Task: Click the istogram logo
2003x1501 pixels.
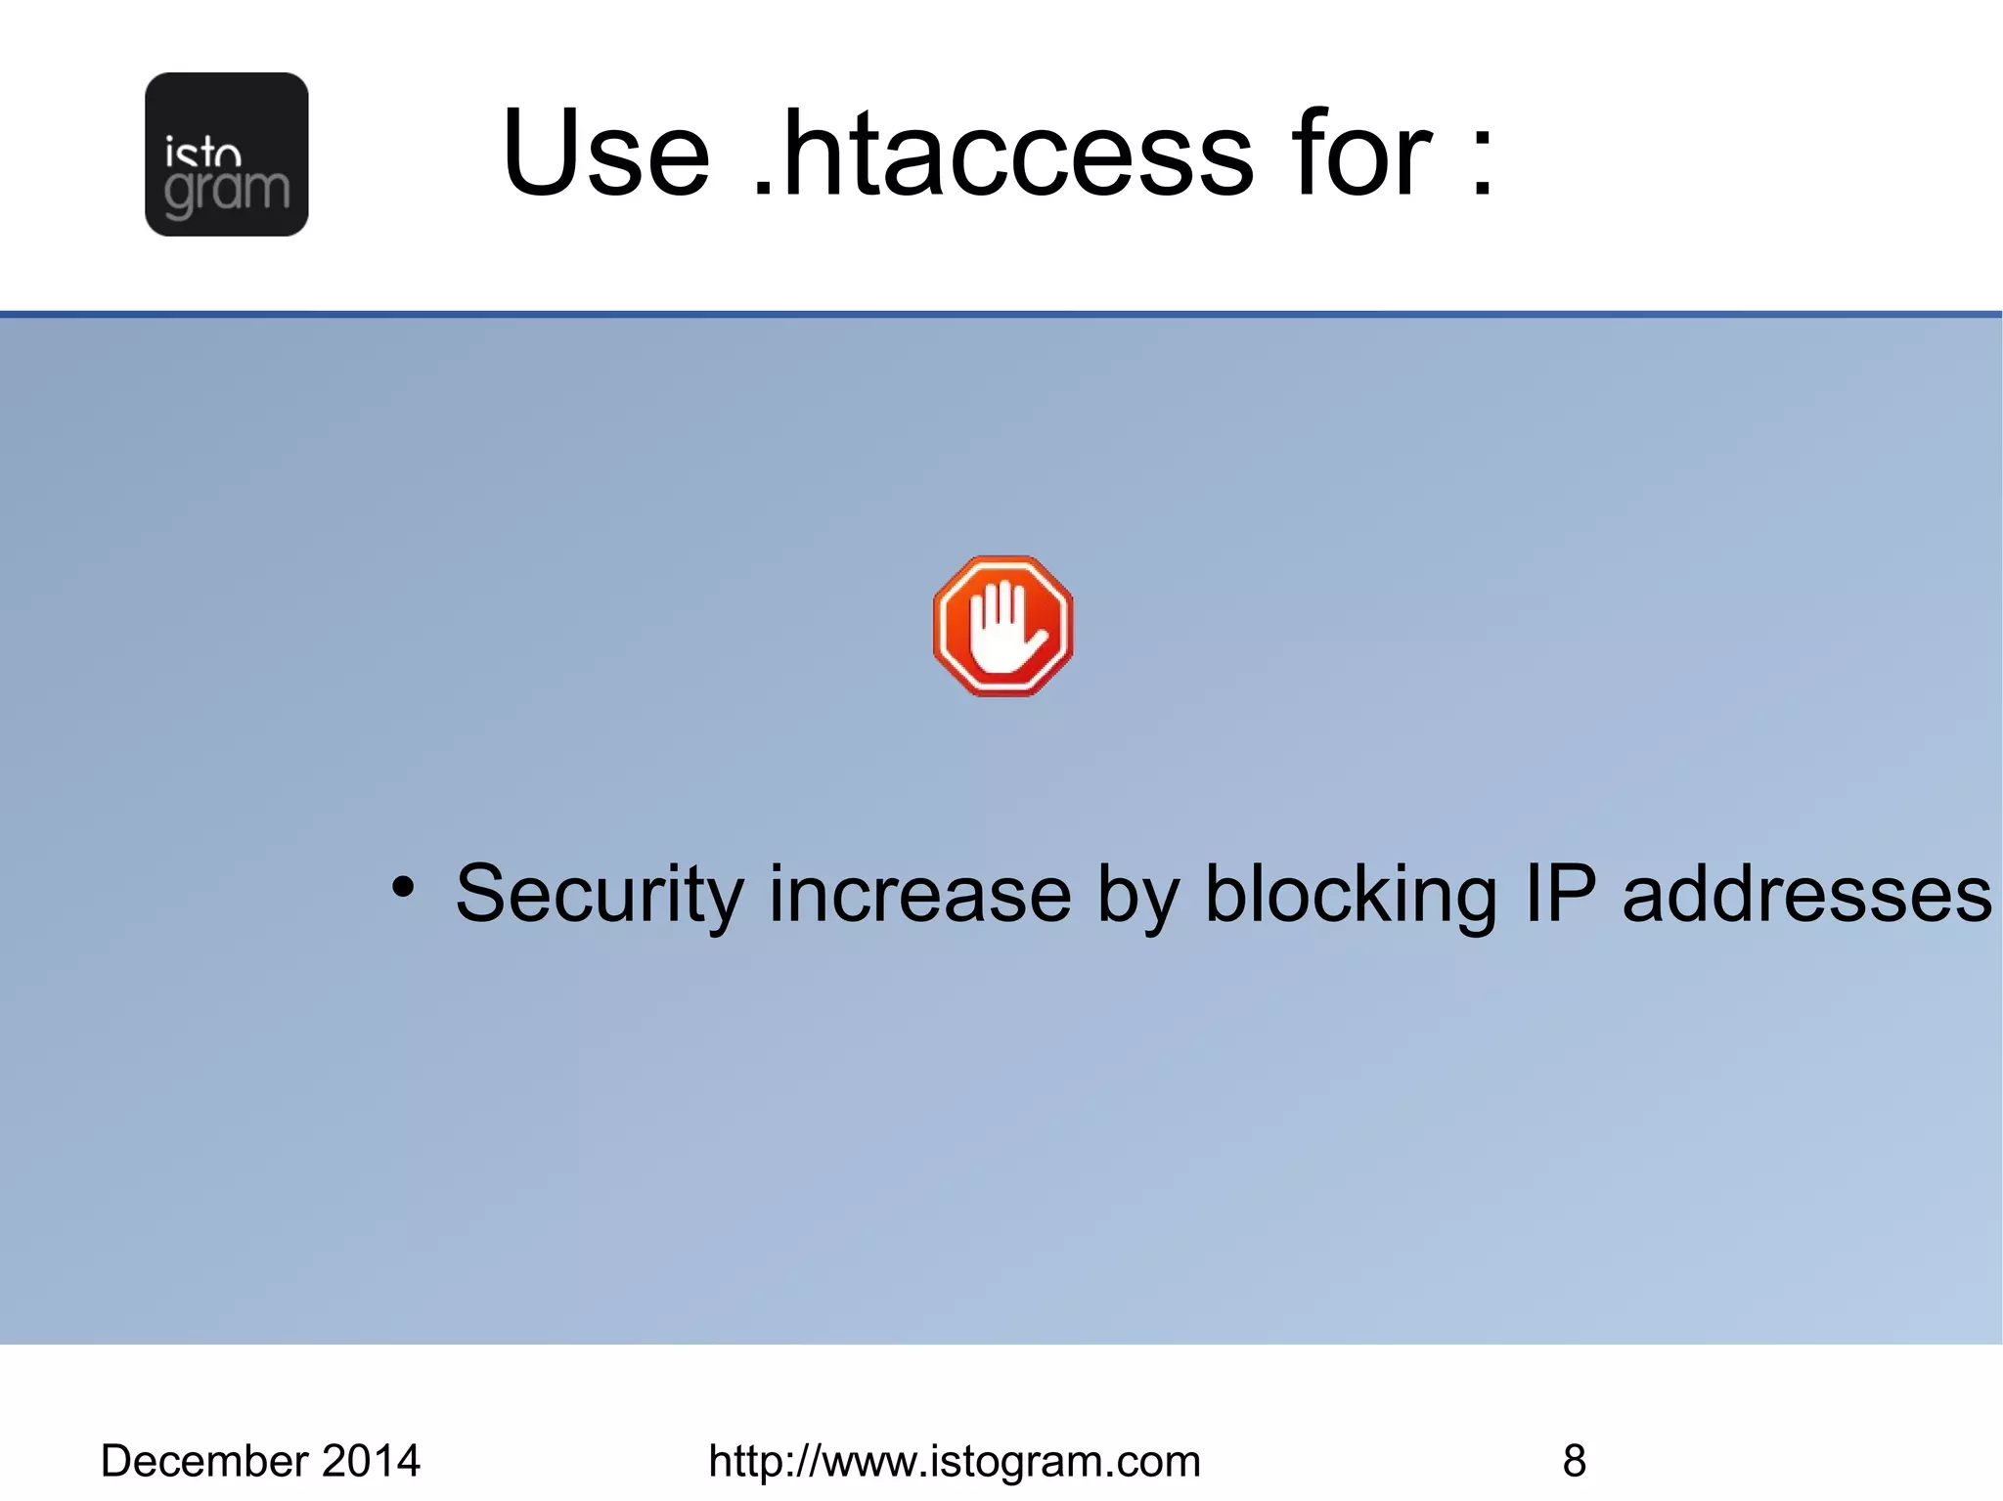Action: pos(226,155)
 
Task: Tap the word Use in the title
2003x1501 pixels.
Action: pos(605,154)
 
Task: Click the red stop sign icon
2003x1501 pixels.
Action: pos(1002,626)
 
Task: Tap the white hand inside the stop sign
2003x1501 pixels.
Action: pos(1003,631)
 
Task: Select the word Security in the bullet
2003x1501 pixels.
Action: pos(600,895)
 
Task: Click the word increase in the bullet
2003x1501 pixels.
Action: pos(919,895)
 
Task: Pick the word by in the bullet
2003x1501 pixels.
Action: pos(1137,895)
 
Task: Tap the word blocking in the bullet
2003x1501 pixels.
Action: pos(1350,895)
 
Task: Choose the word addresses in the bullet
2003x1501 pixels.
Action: pos(1806,895)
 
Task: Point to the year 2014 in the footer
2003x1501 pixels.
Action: pos(371,1461)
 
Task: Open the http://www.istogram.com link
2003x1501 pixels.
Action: pos(954,1461)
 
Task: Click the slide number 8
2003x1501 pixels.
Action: pos(1574,1461)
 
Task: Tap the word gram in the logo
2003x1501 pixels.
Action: pos(227,190)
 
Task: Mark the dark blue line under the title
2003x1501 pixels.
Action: pos(1001,314)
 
